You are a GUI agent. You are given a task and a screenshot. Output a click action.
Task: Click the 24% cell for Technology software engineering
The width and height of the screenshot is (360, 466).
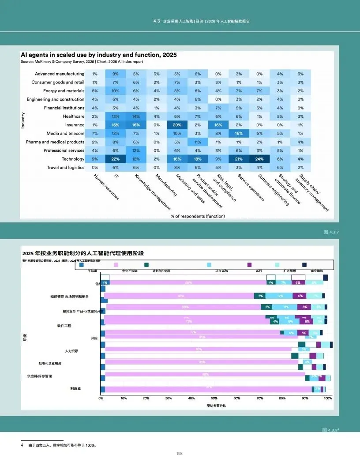click(x=259, y=159)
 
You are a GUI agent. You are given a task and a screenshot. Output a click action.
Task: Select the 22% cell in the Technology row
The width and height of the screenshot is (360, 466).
click(x=116, y=159)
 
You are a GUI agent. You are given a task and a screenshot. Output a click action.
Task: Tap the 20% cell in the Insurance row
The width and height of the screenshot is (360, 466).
click(x=177, y=125)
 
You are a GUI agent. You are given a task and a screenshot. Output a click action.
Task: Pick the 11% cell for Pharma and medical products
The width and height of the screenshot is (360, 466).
click(x=198, y=142)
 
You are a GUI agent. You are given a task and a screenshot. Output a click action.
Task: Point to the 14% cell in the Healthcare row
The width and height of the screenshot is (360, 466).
click(x=136, y=116)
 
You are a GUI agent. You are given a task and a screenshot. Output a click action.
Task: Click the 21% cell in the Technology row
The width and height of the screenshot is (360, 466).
click(x=239, y=159)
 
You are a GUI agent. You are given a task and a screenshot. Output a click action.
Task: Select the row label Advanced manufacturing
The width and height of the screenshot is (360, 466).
click(x=60, y=74)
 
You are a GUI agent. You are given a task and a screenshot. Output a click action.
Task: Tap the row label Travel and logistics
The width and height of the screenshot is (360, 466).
click(x=65, y=168)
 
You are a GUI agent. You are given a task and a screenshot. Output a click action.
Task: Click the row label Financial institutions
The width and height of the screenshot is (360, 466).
click(x=64, y=108)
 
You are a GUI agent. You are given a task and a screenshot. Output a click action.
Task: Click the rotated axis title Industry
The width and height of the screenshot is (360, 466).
click(x=23, y=120)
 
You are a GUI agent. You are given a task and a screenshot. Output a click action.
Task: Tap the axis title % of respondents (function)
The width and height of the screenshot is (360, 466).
click(x=198, y=216)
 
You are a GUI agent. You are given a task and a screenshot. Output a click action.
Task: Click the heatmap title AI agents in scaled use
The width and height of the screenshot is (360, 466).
click(x=99, y=55)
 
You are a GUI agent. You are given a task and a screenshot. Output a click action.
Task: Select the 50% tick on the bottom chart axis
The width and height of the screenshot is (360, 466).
click(x=214, y=398)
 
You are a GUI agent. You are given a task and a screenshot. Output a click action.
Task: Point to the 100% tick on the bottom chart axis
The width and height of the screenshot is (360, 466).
click(x=327, y=398)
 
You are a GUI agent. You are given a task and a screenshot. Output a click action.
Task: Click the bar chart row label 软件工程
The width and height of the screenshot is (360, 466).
click(x=64, y=326)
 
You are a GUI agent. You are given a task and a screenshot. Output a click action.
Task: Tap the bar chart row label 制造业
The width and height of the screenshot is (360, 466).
click(x=76, y=389)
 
